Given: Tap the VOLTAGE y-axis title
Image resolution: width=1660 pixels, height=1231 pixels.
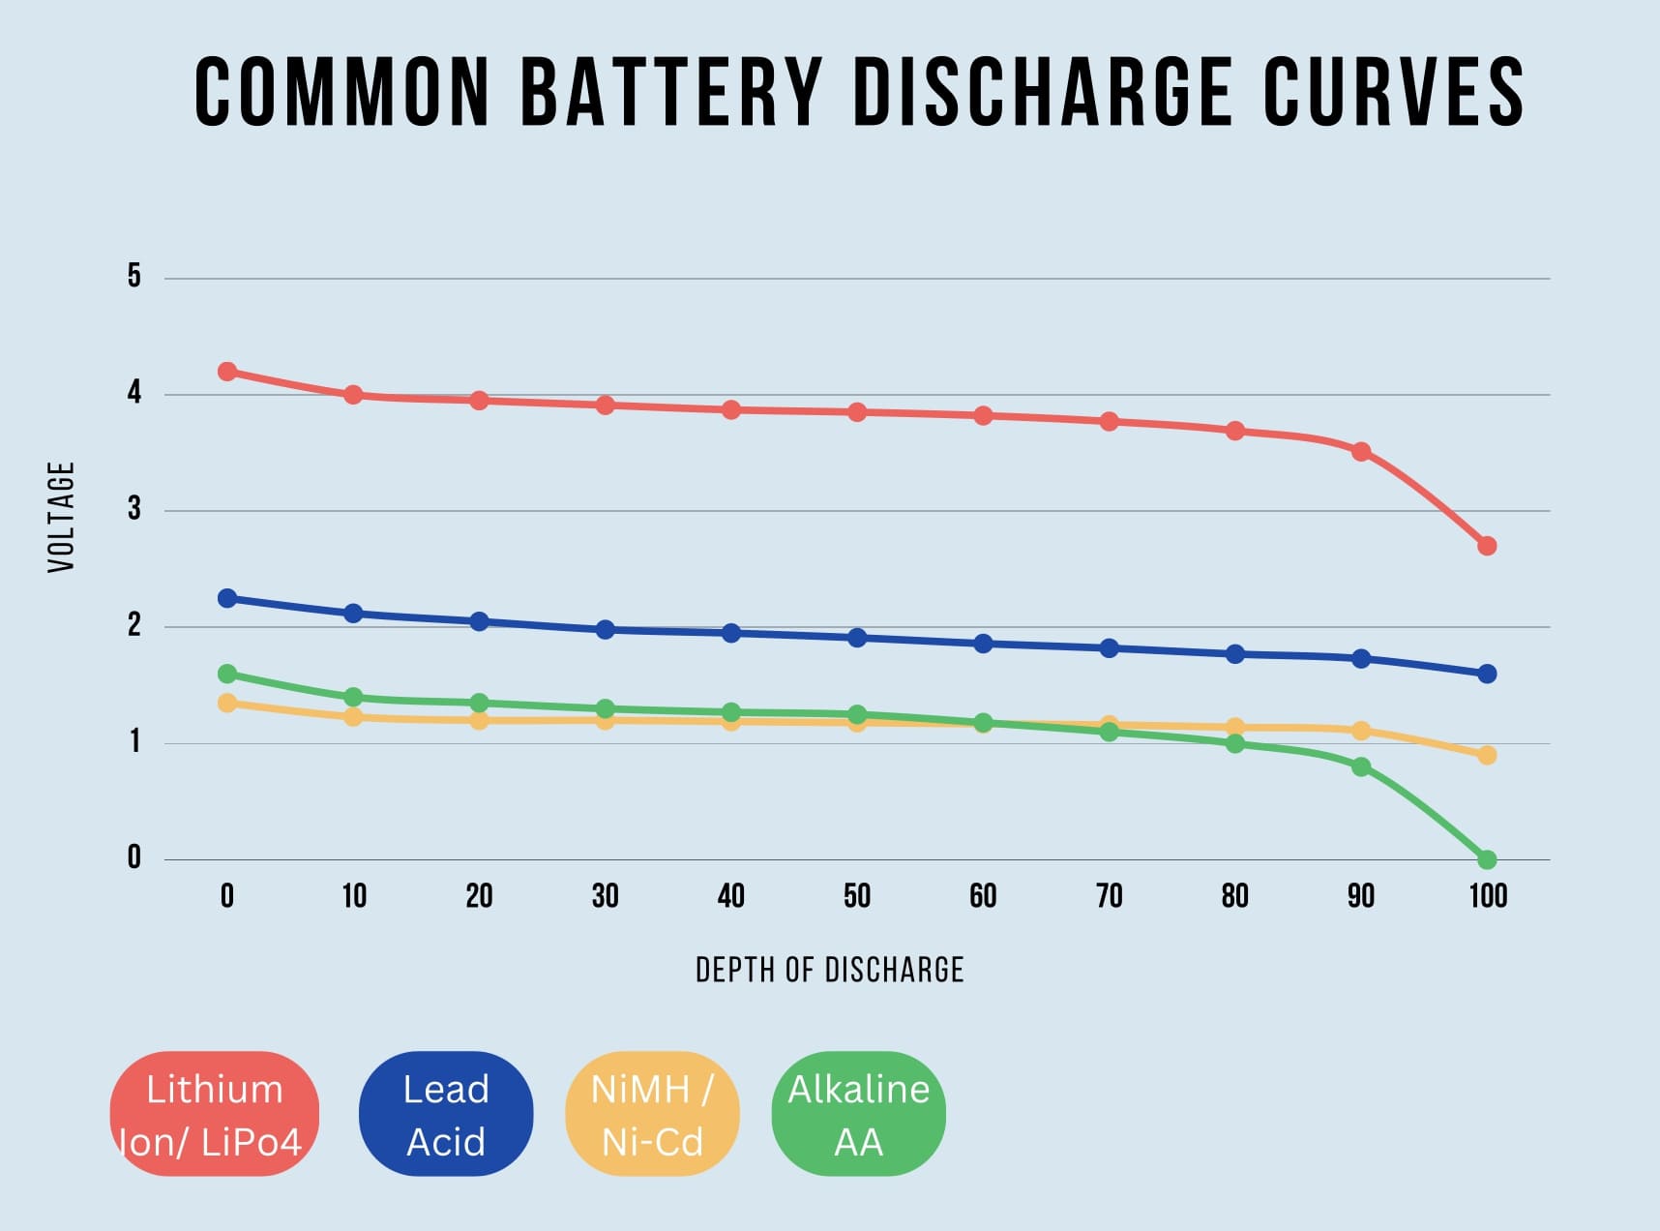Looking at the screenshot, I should tap(61, 517).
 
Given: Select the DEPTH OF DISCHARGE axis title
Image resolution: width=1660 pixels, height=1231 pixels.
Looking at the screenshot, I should tap(829, 970).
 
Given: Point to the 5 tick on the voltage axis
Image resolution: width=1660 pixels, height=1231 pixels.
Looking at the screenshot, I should tap(134, 277).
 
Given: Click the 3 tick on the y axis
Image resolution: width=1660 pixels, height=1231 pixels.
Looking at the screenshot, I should tap(134, 509).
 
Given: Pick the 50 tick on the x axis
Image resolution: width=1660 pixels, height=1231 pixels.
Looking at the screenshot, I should tap(856, 896).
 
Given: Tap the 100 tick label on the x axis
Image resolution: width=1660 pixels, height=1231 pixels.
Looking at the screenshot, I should tap(1488, 896).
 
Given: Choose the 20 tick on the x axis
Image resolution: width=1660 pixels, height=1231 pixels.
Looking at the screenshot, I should tap(479, 896).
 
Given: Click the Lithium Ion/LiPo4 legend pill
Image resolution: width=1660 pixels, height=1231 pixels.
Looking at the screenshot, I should tap(214, 1114).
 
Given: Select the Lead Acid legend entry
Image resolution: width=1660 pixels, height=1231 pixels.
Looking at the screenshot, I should tap(445, 1114).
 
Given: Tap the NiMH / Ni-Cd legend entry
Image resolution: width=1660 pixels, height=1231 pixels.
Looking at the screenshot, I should tap(652, 1114).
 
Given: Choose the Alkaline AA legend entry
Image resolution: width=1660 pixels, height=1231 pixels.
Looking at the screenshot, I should tap(858, 1114).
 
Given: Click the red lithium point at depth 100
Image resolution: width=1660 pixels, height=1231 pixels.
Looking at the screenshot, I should tap(1488, 546).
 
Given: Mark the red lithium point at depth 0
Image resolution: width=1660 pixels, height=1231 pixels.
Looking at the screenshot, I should tap(227, 372).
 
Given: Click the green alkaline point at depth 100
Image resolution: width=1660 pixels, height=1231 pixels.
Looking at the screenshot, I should tap(1488, 859).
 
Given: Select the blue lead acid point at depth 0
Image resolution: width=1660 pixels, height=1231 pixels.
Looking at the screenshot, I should tap(227, 598).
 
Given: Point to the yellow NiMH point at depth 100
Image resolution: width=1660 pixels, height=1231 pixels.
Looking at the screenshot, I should tap(1488, 755).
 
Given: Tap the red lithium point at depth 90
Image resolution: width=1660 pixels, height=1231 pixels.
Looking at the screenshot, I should tap(1361, 451).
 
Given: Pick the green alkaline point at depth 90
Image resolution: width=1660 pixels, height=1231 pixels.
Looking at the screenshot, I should tap(1361, 766).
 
